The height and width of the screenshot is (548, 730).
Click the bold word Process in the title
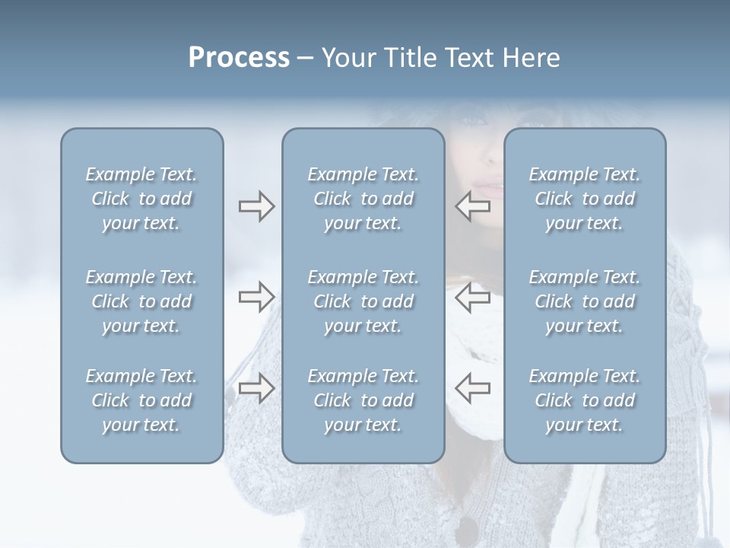tap(239, 58)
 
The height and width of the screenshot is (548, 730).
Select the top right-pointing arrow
tap(256, 206)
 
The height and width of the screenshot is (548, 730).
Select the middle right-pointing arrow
tap(256, 297)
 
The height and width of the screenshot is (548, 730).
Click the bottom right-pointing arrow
tap(256, 388)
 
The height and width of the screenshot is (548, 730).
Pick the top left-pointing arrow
tap(472, 206)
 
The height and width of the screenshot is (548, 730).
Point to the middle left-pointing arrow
tap(472, 297)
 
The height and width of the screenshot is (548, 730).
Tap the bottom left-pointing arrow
tap(472, 388)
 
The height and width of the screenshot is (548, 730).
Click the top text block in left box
tap(141, 199)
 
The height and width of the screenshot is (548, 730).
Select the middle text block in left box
tap(141, 301)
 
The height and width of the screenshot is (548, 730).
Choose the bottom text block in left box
tap(141, 400)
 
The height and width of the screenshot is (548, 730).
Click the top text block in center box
tap(363, 199)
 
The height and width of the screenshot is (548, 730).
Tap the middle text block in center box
tap(363, 301)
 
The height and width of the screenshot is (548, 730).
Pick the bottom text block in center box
tap(363, 400)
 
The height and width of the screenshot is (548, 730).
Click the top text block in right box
tap(584, 199)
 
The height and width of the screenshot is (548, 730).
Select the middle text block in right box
tap(584, 301)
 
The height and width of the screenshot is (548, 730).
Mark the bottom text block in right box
tap(584, 400)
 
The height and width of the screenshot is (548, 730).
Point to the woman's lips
tap(489, 185)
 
